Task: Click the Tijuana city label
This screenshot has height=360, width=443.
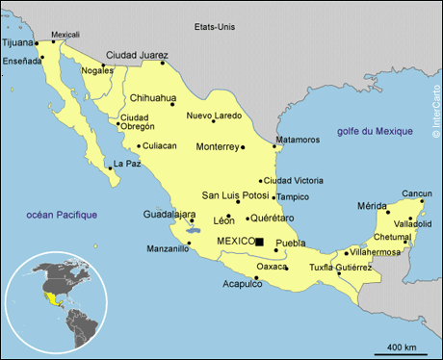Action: [x=16, y=42]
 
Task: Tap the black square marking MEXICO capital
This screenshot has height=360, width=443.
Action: [x=259, y=241]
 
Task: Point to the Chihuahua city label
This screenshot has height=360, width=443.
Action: [x=153, y=97]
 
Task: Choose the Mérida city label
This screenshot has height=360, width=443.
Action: [x=372, y=206]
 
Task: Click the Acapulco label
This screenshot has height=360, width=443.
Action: [x=243, y=283]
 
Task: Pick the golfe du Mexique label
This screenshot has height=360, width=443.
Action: [x=374, y=131]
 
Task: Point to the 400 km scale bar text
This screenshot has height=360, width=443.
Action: [x=401, y=347]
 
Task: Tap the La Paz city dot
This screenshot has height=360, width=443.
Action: [x=109, y=165]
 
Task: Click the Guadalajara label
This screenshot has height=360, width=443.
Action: [x=169, y=214]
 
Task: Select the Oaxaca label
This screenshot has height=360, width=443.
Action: [x=272, y=266]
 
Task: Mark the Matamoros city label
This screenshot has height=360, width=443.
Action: [x=298, y=140]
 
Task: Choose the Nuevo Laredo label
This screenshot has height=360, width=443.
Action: [x=214, y=116]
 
